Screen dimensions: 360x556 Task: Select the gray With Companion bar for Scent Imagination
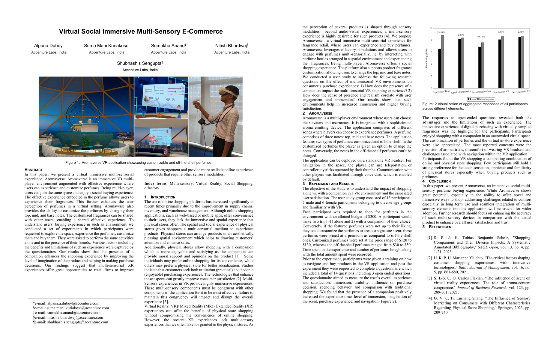coord(483,65)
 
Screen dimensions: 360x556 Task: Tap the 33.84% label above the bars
coord(441,32)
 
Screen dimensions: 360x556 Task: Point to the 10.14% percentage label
coord(481,37)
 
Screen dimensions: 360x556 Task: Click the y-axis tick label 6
coord(431,52)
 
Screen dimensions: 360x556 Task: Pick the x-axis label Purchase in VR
coord(501,92)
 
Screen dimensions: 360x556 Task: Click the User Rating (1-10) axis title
coord(426,58)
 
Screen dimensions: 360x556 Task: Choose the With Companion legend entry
coord(486,99)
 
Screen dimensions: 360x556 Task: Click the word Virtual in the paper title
coord(69,31)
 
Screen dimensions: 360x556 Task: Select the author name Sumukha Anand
coord(168,46)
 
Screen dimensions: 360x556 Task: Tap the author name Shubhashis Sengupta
coord(140,63)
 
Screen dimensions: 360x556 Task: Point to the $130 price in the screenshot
coord(151,98)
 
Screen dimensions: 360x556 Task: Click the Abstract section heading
coord(33,170)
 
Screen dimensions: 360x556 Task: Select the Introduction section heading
coord(163,197)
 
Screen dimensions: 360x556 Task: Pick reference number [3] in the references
coord(429,278)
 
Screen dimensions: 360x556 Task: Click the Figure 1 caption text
coord(139,163)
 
